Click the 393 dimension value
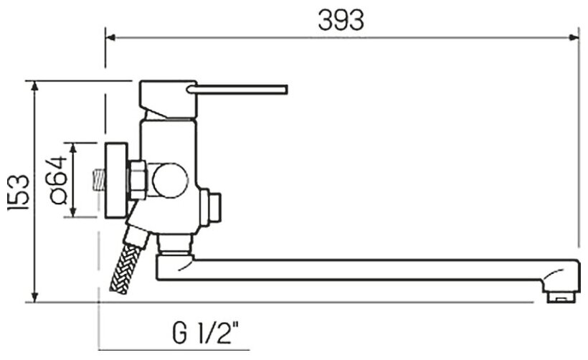pyautogui.click(x=341, y=20)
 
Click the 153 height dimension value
pyautogui.click(x=19, y=191)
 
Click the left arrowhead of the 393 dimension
pyautogui.click(x=110, y=37)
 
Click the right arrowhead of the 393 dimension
pyautogui.click(x=574, y=37)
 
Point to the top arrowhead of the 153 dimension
pyautogui.click(x=34, y=86)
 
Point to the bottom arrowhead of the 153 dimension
pyautogui.click(x=34, y=297)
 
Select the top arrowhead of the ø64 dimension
pyautogui.click(x=73, y=148)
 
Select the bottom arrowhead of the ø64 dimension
pyautogui.click(x=73, y=212)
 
